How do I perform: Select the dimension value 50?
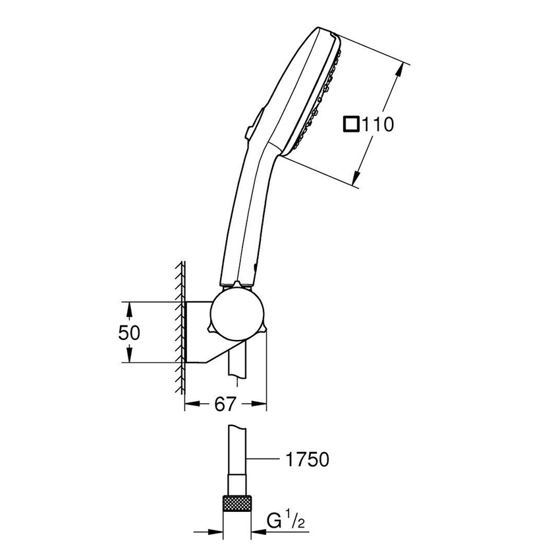130,333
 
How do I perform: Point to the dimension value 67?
225,405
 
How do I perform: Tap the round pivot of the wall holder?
238,314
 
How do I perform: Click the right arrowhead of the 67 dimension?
262,405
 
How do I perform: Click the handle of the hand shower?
247,211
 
